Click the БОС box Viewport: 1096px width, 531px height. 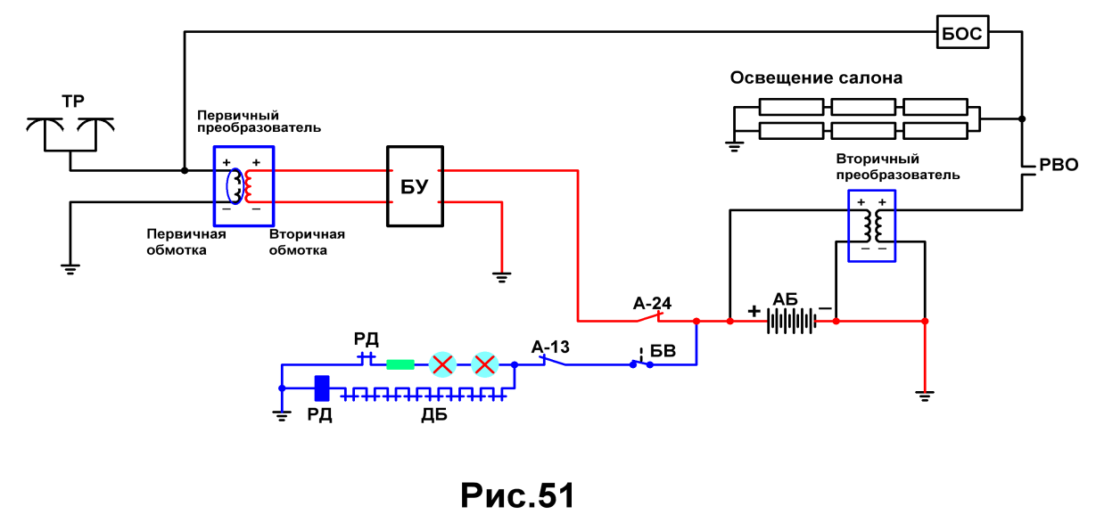coord(962,32)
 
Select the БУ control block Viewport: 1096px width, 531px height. coord(415,186)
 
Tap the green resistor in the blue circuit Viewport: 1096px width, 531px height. coord(400,364)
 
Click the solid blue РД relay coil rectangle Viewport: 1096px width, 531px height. coord(321,388)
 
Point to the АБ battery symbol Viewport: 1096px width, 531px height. coord(791,322)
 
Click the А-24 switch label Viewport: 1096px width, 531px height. coord(652,304)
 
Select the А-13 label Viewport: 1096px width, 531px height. coord(550,347)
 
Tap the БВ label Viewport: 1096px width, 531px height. coord(663,351)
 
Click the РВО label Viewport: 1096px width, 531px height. coord(1059,165)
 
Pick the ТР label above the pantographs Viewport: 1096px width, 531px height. coord(73,102)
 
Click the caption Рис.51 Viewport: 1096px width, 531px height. coord(517,495)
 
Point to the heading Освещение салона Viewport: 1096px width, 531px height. coord(816,78)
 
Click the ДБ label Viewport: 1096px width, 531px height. coord(434,414)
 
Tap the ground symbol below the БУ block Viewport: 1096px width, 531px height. coord(501,277)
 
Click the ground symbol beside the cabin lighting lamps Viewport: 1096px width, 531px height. coord(734,146)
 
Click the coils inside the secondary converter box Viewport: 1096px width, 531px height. coord(872,226)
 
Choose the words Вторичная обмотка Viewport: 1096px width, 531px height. coord(307,242)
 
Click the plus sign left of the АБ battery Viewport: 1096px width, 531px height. coord(754,311)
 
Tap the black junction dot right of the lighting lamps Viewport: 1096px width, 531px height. coord(1022,118)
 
